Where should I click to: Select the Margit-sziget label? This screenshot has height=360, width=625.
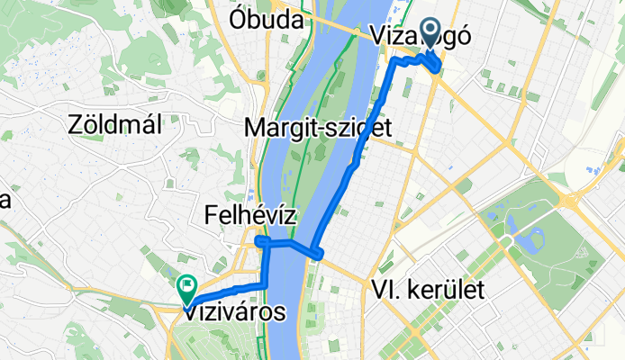(x=318, y=128)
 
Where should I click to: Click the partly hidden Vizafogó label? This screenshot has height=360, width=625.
(x=420, y=36)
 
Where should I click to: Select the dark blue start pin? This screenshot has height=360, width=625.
(x=430, y=34)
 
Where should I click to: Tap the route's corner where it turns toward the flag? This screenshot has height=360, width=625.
(x=267, y=285)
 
